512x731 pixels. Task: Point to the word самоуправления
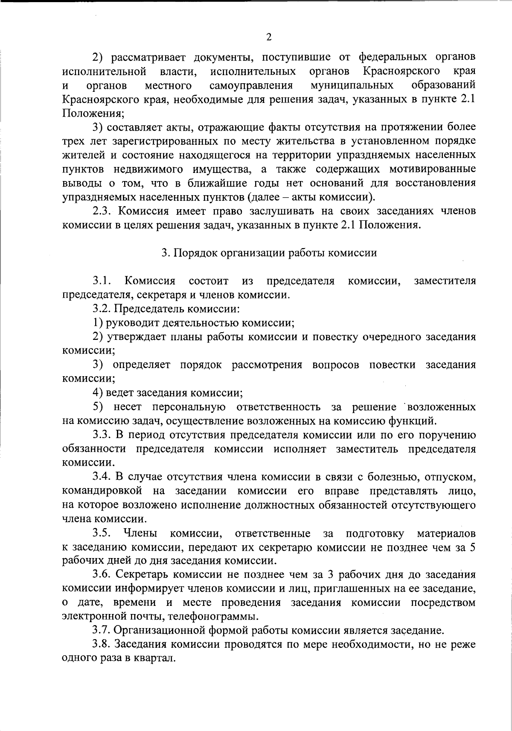(251, 85)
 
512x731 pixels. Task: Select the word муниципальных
(352, 85)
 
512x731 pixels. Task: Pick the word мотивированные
(433, 169)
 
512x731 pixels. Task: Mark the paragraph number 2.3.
(102, 211)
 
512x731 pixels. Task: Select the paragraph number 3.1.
(102, 281)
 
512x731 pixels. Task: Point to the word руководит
(131, 323)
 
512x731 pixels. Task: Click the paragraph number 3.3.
(102, 435)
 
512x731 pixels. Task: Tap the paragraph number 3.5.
(102, 533)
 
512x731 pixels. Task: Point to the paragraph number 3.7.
(102, 630)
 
